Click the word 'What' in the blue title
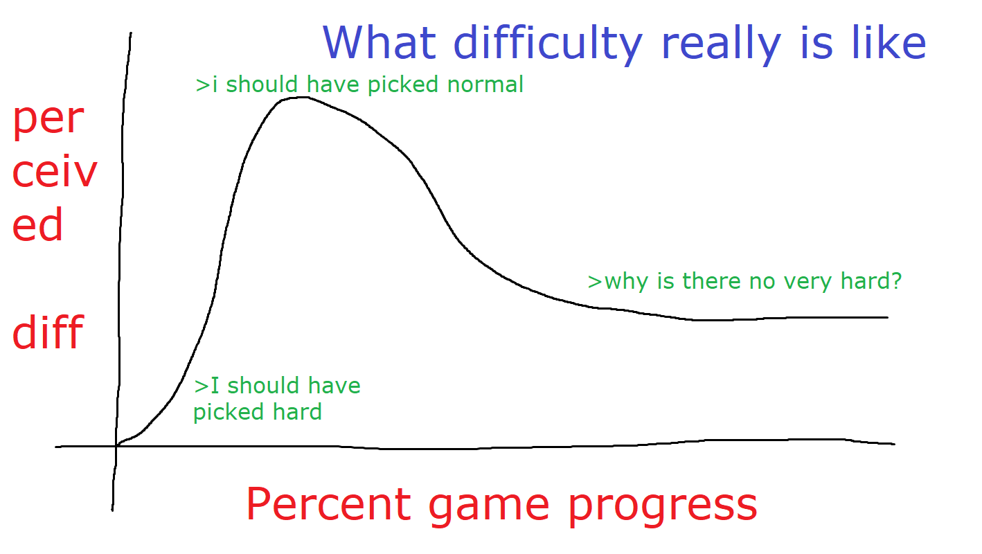[x=380, y=42]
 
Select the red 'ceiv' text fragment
[x=55, y=171]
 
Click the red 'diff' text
[x=48, y=331]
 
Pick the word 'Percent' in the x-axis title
[x=329, y=504]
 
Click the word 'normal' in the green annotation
[x=485, y=84]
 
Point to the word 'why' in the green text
[x=627, y=282]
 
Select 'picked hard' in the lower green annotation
[x=258, y=413]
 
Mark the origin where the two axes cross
[x=116, y=447]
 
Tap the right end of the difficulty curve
[x=888, y=317]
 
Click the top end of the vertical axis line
[x=131, y=33]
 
